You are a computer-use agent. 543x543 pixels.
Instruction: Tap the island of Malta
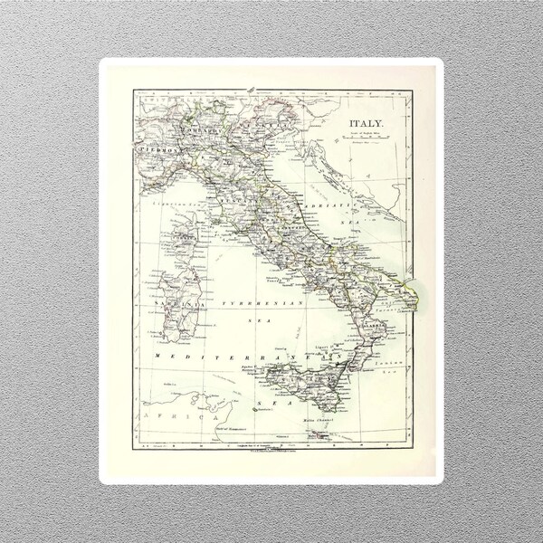click(x=316, y=434)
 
